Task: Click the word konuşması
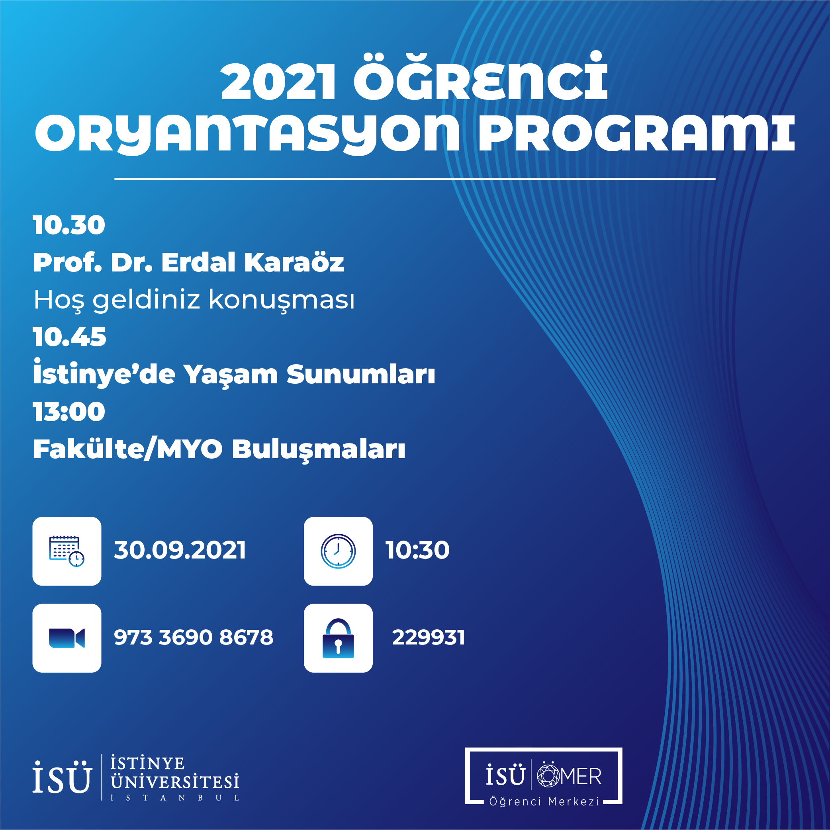282,300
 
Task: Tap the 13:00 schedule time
69,412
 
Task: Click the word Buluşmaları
319,450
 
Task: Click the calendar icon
67,551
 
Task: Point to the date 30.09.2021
180,550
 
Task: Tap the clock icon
338,551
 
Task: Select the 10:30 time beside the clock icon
417,550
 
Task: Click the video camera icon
67,638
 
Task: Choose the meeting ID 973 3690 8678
194,637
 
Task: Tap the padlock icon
338,638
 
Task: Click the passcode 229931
429,637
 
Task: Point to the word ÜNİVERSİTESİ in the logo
175,782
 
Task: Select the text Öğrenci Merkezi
544,801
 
